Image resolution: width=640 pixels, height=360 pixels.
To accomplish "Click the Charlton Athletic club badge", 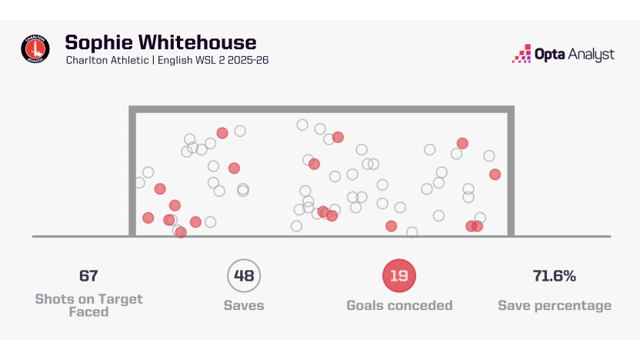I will (35, 49).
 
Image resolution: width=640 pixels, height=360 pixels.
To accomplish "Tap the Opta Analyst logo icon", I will (522, 54).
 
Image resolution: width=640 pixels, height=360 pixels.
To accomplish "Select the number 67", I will (88, 275).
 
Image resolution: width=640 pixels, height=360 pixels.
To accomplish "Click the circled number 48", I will (244, 276).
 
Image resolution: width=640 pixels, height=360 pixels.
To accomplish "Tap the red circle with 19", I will (398, 276).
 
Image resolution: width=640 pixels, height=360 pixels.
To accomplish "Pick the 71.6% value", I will (555, 275).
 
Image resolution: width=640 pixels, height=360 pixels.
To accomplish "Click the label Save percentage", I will (555, 305).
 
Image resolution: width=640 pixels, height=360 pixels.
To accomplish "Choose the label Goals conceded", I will (399, 305).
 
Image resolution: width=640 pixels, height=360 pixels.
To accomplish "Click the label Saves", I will (244, 305).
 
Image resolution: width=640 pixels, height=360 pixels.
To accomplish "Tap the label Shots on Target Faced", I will (88, 305).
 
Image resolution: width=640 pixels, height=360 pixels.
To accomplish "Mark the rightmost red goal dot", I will (495, 174).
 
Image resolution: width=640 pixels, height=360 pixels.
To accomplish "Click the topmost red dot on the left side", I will (222, 133).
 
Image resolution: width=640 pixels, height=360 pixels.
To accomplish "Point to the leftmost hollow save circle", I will (139, 182).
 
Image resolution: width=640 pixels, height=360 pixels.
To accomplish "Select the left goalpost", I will (132, 173).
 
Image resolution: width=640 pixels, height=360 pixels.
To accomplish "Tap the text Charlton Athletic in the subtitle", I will (108, 60).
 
